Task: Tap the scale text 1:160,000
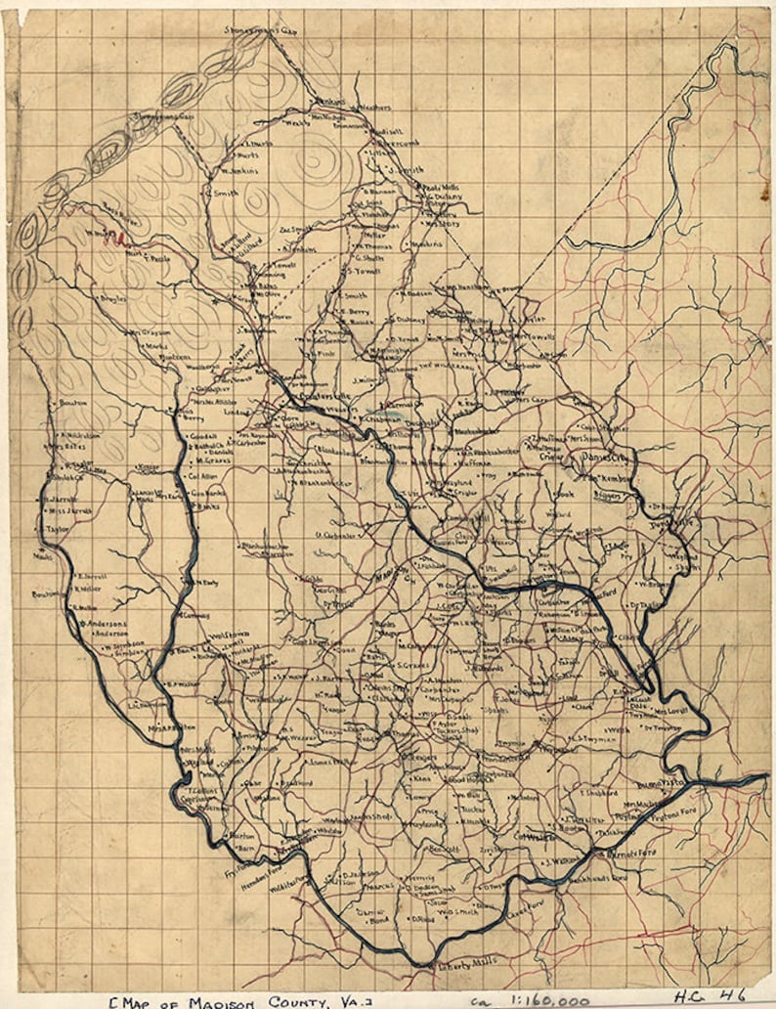[x=543, y=999]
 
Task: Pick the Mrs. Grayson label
[x=149, y=333]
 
